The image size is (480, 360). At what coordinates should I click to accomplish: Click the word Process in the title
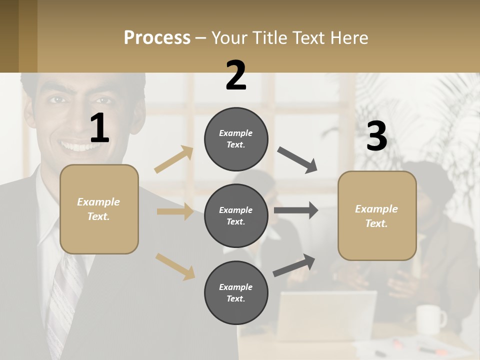157,38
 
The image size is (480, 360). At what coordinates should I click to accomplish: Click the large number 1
99,128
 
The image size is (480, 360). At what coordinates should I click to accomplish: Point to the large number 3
376,136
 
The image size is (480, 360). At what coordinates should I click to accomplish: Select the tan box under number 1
99,209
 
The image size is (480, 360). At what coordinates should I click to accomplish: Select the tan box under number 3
377,215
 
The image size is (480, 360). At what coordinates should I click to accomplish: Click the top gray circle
236,138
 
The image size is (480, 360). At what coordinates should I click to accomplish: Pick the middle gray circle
236,215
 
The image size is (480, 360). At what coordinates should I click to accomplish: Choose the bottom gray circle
236,292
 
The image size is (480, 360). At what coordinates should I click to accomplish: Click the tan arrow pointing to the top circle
174,159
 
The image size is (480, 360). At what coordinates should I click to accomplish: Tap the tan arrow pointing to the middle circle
175,211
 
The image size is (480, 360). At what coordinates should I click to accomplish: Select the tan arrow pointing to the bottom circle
175,266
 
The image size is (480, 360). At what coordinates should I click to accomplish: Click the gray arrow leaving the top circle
297,160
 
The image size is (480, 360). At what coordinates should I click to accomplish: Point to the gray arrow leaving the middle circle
296,210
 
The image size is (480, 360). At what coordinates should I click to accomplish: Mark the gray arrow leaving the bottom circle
294,265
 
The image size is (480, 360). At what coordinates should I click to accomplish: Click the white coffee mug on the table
430,318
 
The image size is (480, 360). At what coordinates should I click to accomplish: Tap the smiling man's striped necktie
65,300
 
